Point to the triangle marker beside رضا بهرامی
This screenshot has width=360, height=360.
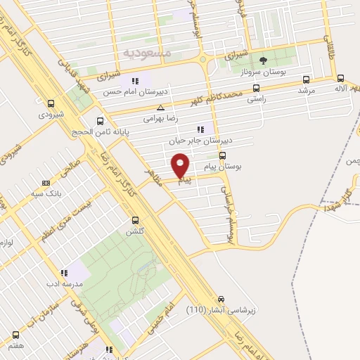(161, 108)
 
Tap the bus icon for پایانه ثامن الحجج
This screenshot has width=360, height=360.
(100, 120)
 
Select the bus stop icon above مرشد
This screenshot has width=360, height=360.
(306, 79)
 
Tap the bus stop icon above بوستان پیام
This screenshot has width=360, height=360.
(224, 155)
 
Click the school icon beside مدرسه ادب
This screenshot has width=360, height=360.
(65, 272)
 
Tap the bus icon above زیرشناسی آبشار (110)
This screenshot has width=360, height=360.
(221, 298)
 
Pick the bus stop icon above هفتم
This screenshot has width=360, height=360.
(15, 335)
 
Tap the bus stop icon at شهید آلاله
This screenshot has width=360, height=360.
(340, 79)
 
